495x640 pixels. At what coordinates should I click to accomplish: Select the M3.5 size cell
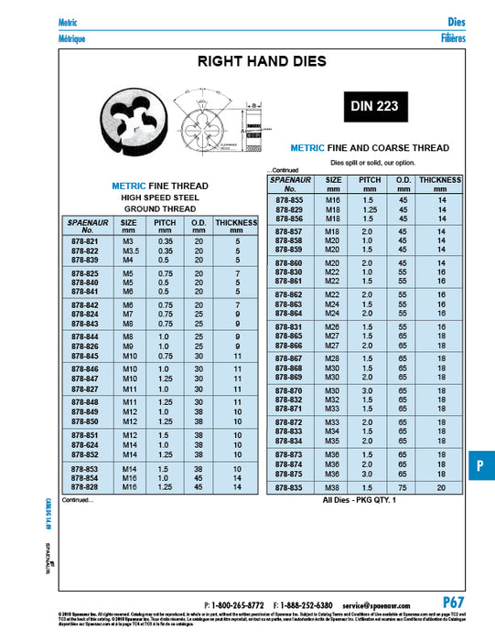(130, 251)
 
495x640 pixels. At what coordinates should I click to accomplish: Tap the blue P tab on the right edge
(480, 465)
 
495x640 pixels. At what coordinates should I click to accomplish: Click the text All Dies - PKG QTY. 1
(362, 501)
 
